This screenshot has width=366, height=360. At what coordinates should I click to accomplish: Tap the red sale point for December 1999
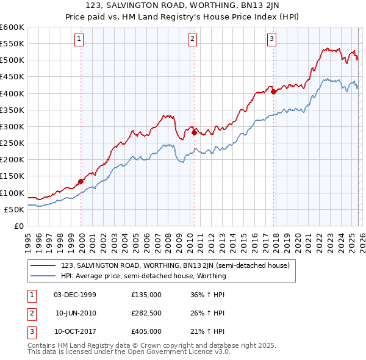[81, 181]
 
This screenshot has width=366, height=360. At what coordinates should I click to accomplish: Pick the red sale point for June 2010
[194, 132]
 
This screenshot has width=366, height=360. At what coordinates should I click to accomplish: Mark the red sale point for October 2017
[273, 92]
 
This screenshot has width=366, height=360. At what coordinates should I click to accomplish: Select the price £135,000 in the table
[146, 295]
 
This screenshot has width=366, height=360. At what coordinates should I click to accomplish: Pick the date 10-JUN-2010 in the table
[76, 313]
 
